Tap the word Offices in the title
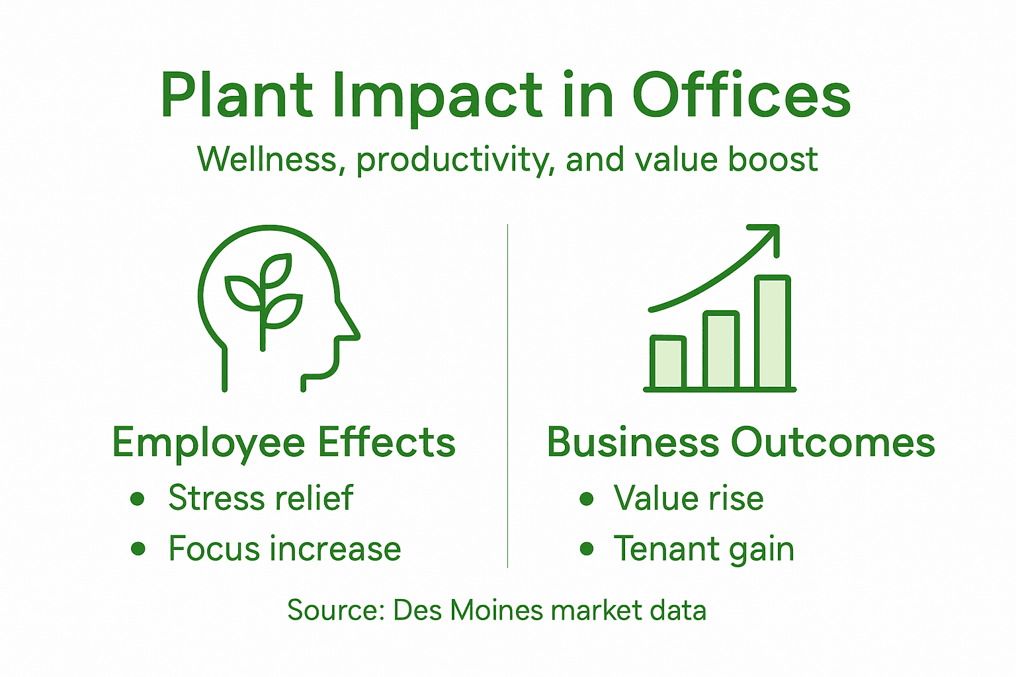point(741,96)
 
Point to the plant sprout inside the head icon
point(263,298)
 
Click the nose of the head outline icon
point(351,328)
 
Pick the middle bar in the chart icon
point(720,350)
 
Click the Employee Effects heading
point(284,442)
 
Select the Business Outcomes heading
point(740,442)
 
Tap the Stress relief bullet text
point(261,498)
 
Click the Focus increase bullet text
point(284,549)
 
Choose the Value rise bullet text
point(688,498)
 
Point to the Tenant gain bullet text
point(703,549)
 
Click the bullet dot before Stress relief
point(138,498)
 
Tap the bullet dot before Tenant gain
point(586,549)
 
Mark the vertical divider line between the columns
point(507,397)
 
